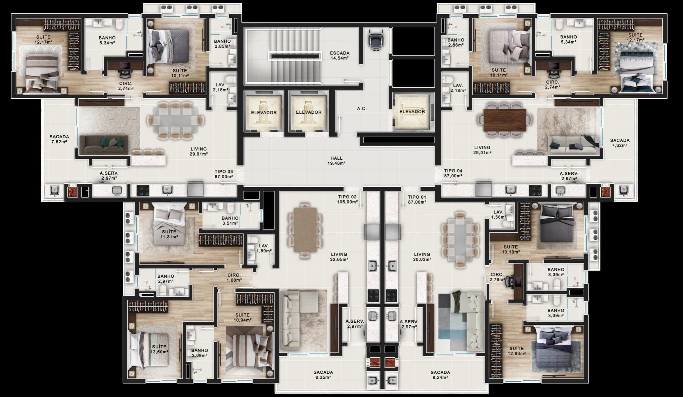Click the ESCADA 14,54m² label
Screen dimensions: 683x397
click(x=339, y=55)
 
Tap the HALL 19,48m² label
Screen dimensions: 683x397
click(x=336, y=161)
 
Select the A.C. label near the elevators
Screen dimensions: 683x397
click(x=362, y=109)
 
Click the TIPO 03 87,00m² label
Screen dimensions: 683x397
click(x=224, y=174)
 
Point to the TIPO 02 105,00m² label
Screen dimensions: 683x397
click(x=347, y=199)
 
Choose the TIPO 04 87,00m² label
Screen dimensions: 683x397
click(x=453, y=173)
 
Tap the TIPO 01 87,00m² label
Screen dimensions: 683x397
click(x=417, y=199)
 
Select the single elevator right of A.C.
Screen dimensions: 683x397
click(x=412, y=112)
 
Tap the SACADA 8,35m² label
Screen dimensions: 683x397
click(x=323, y=375)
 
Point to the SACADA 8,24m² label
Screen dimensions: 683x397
click(x=440, y=375)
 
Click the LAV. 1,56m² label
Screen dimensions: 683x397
click(x=499, y=215)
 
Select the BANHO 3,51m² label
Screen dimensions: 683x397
click(x=230, y=221)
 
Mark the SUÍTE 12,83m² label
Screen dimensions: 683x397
click(x=517, y=351)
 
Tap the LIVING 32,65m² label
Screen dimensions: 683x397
click(x=339, y=257)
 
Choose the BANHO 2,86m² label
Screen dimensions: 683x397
click(x=456, y=42)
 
